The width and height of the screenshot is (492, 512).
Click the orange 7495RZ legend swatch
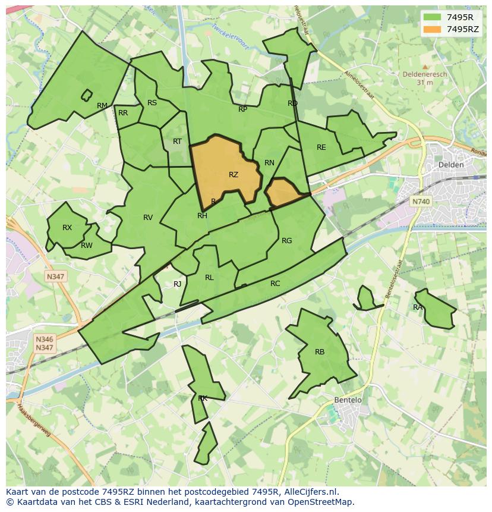[x=433, y=29]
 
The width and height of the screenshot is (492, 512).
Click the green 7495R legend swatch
[x=433, y=17]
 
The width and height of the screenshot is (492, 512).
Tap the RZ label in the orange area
[x=233, y=175]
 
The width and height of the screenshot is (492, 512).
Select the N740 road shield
[x=421, y=202]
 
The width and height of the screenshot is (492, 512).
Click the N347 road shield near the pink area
[x=55, y=277]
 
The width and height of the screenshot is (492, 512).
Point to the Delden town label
[x=450, y=165]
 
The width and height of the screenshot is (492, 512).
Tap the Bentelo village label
[x=348, y=400]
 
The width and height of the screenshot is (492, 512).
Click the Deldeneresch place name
[x=425, y=75]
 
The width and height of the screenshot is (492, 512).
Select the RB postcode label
[x=320, y=352]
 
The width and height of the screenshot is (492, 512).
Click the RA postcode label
[x=418, y=307]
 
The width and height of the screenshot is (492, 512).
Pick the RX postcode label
[x=67, y=228]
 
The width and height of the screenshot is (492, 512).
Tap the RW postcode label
[x=87, y=246]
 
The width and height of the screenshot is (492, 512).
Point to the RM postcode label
[x=102, y=106]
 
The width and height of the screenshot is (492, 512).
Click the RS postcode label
[x=152, y=103]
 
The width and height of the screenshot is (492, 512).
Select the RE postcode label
[x=321, y=147]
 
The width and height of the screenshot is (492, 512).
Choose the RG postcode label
[x=287, y=241]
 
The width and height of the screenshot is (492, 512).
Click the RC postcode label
[x=275, y=284]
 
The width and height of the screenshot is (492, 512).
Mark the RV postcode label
[x=148, y=218]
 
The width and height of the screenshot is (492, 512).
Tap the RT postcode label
[x=177, y=142]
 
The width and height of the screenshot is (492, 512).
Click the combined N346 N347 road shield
[x=45, y=344]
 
